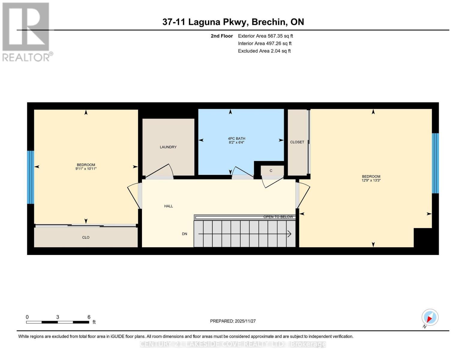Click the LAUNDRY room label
tap(168, 147)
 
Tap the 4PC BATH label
tap(236, 138)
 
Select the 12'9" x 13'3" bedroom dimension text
tap(371, 181)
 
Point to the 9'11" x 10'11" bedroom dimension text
tap(86, 169)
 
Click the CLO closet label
tap(86, 237)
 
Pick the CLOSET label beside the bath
tap(297, 142)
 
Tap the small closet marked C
tap(271, 171)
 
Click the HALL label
tap(168, 206)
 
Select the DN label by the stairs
tap(185, 234)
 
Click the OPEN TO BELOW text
tap(278, 217)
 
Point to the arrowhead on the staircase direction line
tap(290, 234)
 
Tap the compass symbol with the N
tap(430, 317)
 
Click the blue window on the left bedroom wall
tap(30, 177)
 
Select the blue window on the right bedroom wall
tap(435, 163)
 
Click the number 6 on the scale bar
tap(89, 317)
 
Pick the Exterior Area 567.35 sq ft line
tap(265, 36)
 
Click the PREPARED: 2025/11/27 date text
tap(233, 321)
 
